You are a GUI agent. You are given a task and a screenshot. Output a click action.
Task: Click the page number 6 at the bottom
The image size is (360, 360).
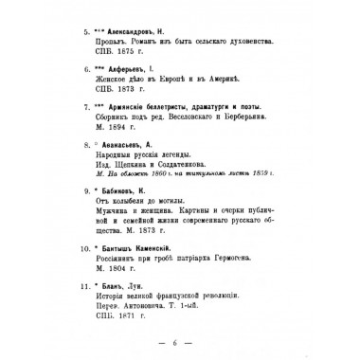click(x=180, y=348)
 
